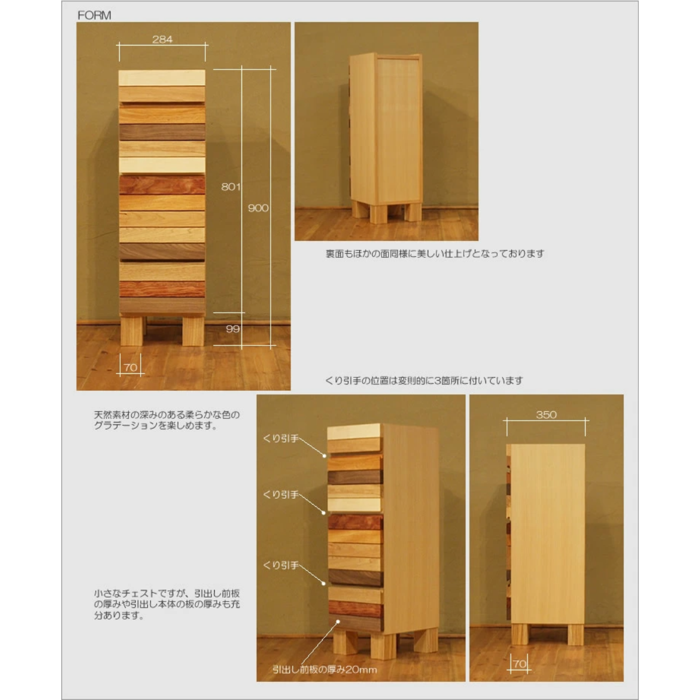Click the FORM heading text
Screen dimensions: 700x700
pyautogui.click(x=94, y=15)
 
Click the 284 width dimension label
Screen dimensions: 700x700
pyautogui.click(x=162, y=39)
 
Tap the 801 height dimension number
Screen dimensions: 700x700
pyautogui.click(x=230, y=187)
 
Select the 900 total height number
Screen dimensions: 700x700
pyautogui.click(x=258, y=208)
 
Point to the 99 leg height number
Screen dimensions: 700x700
pyautogui.click(x=233, y=329)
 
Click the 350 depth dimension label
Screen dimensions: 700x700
pyautogui.click(x=546, y=415)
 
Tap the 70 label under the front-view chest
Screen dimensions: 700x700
pyautogui.click(x=131, y=367)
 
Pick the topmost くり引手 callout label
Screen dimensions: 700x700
pyautogui.click(x=281, y=439)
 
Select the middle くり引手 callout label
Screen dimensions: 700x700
pyautogui.click(x=281, y=495)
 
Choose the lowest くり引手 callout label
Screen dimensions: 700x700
pyautogui.click(x=281, y=565)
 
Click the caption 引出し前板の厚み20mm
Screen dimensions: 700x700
pyautogui.click(x=324, y=669)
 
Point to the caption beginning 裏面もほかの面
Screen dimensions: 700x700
pyautogui.click(x=435, y=254)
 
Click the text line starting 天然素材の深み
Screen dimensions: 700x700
pyautogui.click(x=167, y=415)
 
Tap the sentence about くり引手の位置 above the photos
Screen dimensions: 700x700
pyautogui.click(x=423, y=380)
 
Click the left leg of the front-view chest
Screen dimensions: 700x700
pyautogui.click(x=131, y=330)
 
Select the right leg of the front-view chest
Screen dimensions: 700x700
pyautogui.click(x=193, y=330)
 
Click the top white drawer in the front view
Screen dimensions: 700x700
pyautogui.click(x=162, y=78)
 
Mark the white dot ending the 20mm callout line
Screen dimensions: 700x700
pyautogui.click(x=338, y=621)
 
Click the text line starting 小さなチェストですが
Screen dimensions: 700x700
pyautogui.click(x=167, y=593)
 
